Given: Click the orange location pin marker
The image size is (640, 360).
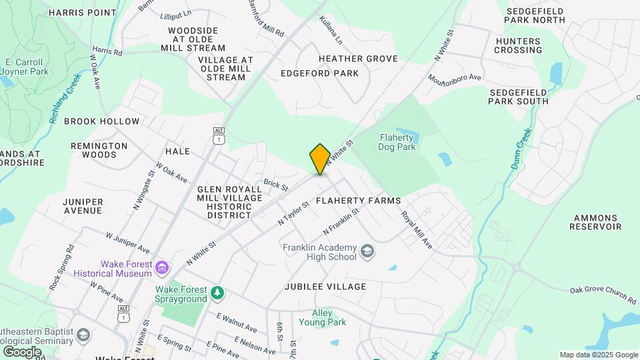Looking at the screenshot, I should (x=320, y=159).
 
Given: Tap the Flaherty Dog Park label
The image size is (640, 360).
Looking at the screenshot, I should (x=397, y=142).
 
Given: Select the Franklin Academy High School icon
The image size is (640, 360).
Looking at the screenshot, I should (x=367, y=252).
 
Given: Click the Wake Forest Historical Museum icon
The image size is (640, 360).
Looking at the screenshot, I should (x=161, y=268).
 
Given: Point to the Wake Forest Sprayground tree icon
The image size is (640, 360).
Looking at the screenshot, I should (x=217, y=293).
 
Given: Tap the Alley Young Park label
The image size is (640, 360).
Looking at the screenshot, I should (x=330, y=317).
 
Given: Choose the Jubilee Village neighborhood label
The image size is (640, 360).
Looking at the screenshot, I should (x=325, y=287).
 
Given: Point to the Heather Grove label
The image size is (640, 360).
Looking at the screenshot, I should (x=358, y=59).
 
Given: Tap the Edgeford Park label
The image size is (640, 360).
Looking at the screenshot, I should (x=320, y=73).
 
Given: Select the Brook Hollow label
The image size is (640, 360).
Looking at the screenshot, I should (x=102, y=121).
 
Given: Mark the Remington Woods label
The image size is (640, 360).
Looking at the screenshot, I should (x=99, y=150).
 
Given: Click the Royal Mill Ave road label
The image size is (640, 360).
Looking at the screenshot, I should (x=417, y=230).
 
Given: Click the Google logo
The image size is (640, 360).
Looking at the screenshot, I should (x=22, y=351).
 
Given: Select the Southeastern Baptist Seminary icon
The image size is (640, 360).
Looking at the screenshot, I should (x=83, y=334).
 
